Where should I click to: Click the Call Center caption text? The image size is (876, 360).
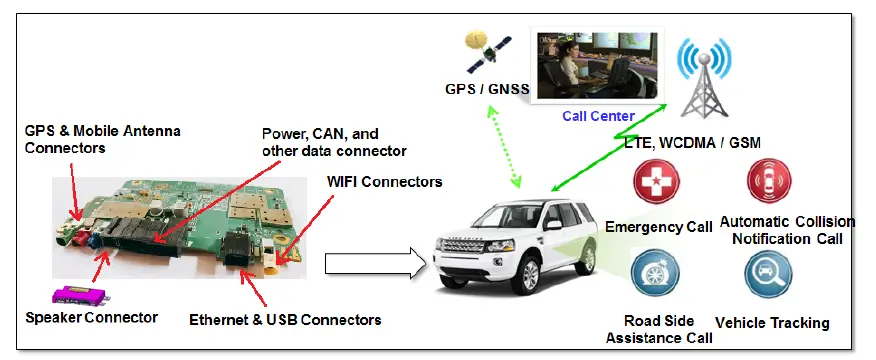click(598, 116)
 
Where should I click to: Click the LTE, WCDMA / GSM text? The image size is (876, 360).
click(693, 143)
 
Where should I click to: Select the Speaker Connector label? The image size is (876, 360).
click(91, 317)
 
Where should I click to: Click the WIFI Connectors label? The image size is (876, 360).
click(384, 182)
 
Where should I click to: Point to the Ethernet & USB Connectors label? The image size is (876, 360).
click(285, 320)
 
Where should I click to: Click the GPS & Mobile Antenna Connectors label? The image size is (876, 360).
click(96, 138)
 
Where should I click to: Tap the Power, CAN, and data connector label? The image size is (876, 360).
click(334, 142)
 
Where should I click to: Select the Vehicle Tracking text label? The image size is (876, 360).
click(773, 323)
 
